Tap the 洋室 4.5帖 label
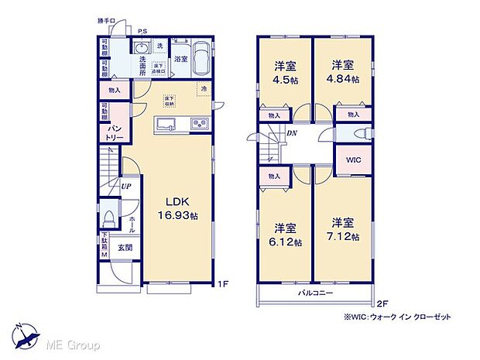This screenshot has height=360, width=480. (x=284, y=72)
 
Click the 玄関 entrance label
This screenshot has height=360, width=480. (x=125, y=249)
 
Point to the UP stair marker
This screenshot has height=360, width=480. (x=124, y=187)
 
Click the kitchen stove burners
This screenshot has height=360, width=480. (x=197, y=125)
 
